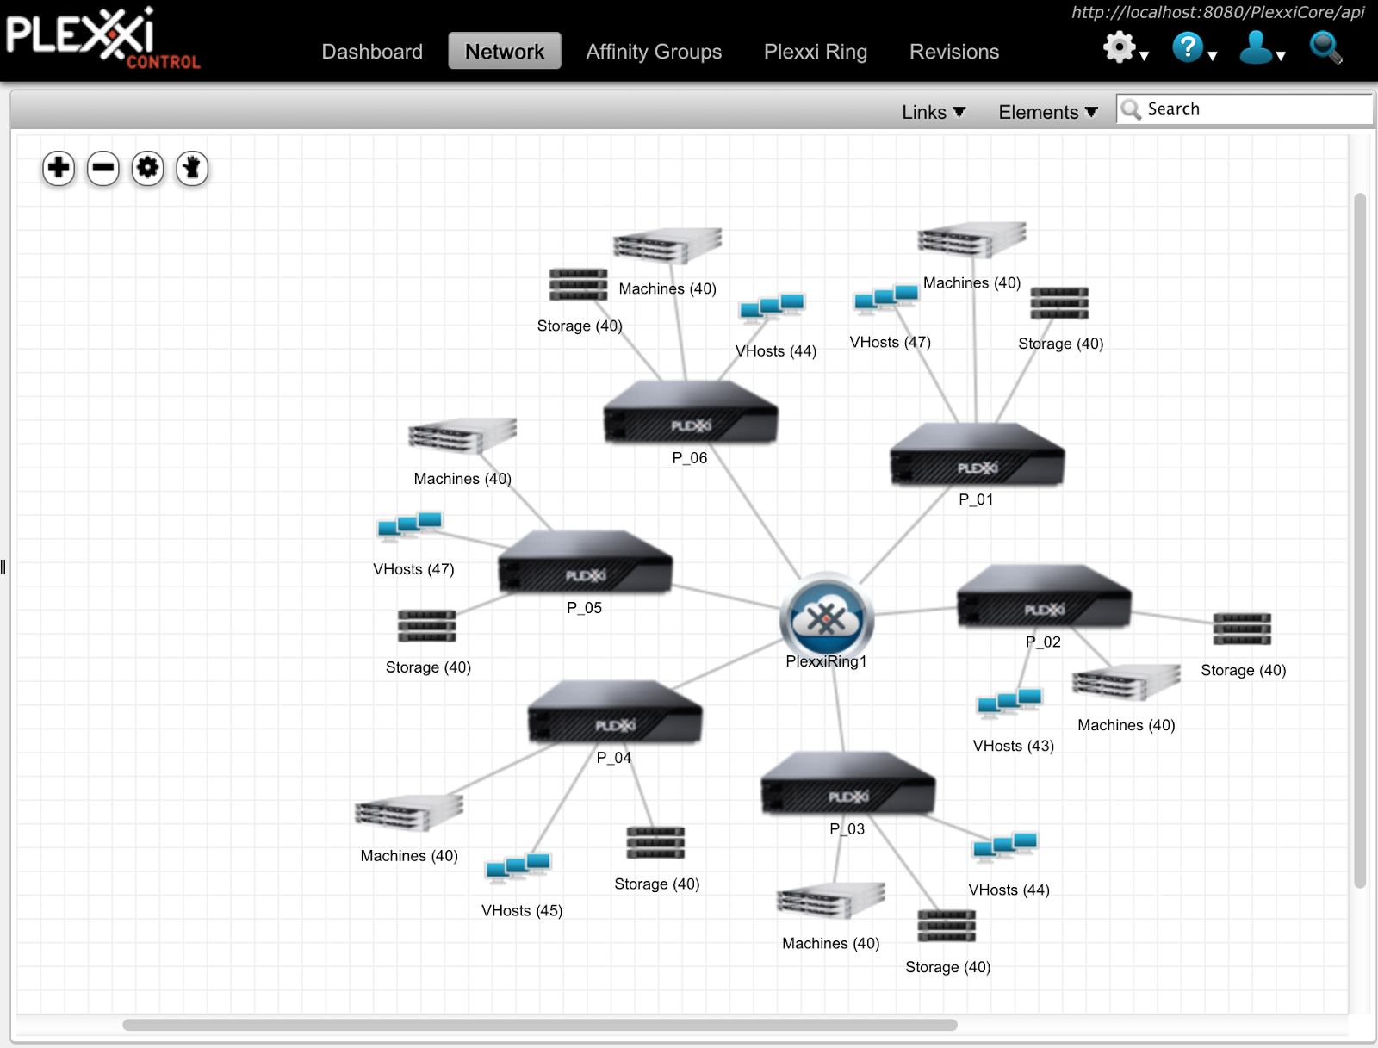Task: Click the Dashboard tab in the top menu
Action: (372, 52)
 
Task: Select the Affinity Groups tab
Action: (654, 52)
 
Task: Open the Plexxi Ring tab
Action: (815, 52)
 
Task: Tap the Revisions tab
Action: (953, 52)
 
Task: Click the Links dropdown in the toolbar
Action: (933, 112)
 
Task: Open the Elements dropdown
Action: (1047, 112)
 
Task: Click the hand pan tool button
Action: (192, 168)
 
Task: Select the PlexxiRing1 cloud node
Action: (826, 618)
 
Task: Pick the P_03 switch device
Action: (847, 784)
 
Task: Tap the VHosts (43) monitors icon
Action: (1009, 704)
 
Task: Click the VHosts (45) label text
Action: (521, 911)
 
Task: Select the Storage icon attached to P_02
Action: (1241, 629)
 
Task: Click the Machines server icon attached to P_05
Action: (462, 436)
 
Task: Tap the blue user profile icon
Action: (1256, 47)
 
